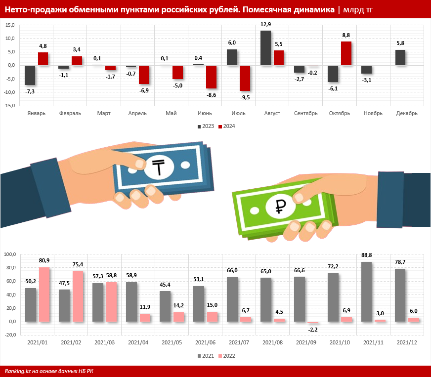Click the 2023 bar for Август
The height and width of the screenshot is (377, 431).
265,48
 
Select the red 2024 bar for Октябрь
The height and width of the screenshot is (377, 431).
346,53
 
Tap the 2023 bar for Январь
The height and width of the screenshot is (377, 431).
30,75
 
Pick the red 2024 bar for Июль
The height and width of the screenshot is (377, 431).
245,78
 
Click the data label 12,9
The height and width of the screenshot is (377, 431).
265,24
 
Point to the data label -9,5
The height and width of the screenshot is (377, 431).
245,97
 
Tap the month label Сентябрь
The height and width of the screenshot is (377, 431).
305,113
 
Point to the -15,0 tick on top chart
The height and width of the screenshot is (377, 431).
10,105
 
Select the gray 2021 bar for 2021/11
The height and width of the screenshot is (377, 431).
366,292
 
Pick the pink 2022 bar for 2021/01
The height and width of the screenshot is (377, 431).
44,294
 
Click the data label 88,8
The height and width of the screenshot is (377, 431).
367,255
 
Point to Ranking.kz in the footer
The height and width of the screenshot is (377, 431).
19,371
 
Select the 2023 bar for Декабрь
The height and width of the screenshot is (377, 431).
400,57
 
